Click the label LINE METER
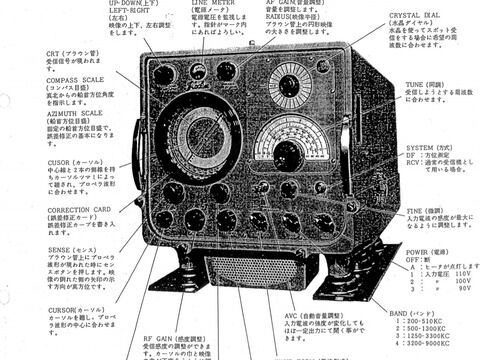(x=209, y=4)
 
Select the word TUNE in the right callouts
(x=416, y=84)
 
